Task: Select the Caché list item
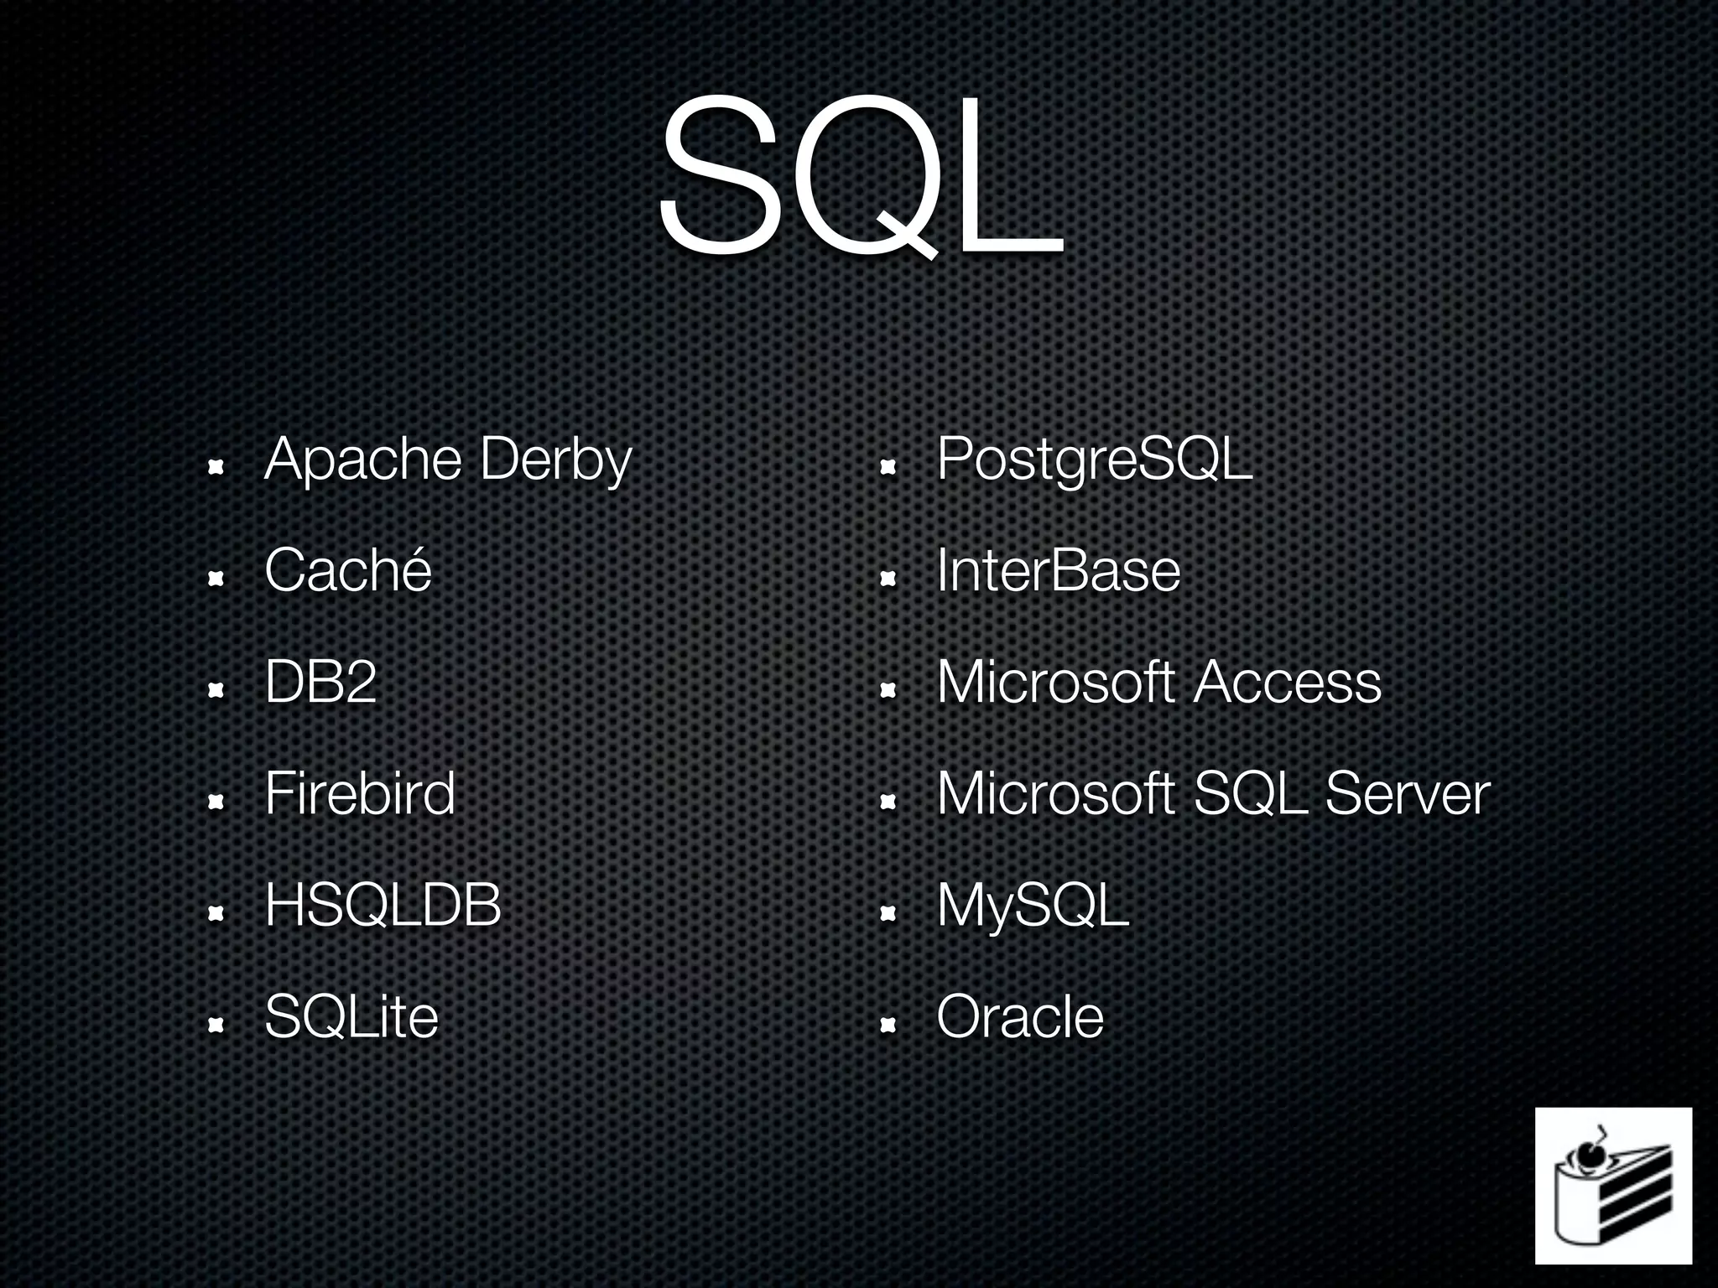click(x=347, y=570)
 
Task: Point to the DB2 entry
click(x=320, y=682)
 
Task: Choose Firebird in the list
click(x=359, y=793)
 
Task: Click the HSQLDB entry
click(x=383, y=906)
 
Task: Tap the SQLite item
click(x=351, y=1017)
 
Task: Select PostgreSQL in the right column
click(x=1094, y=460)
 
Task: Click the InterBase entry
click(x=1058, y=570)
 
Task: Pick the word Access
click(x=1287, y=682)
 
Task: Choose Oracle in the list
click(x=1019, y=1017)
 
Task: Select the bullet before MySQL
click(x=888, y=913)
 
